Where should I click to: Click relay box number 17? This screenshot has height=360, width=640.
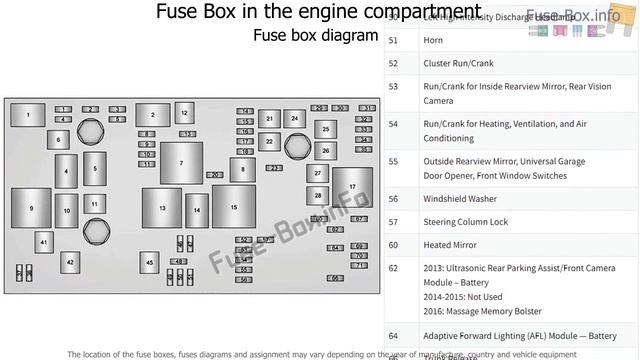(x=352, y=188)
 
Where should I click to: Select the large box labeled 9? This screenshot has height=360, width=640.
(x=31, y=208)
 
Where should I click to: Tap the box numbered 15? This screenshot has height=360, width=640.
(x=232, y=207)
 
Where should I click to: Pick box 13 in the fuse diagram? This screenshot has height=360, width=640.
(x=162, y=207)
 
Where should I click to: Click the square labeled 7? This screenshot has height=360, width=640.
(x=181, y=163)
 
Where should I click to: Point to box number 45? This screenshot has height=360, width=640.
(x=149, y=261)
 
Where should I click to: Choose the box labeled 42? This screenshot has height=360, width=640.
(x=70, y=262)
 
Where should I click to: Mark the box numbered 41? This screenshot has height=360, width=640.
(x=43, y=242)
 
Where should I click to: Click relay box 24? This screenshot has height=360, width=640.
(x=294, y=118)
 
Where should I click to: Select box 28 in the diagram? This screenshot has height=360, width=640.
(x=318, y=195)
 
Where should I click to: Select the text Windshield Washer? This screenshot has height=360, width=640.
(x=460, y=199)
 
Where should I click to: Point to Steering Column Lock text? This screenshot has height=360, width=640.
(x=466, y=222)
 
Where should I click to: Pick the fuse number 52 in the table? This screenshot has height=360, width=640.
(x=393, y=63)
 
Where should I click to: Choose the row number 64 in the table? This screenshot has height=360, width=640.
(x=393, y=335)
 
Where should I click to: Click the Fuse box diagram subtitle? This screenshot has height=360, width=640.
(x=314, y=36)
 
